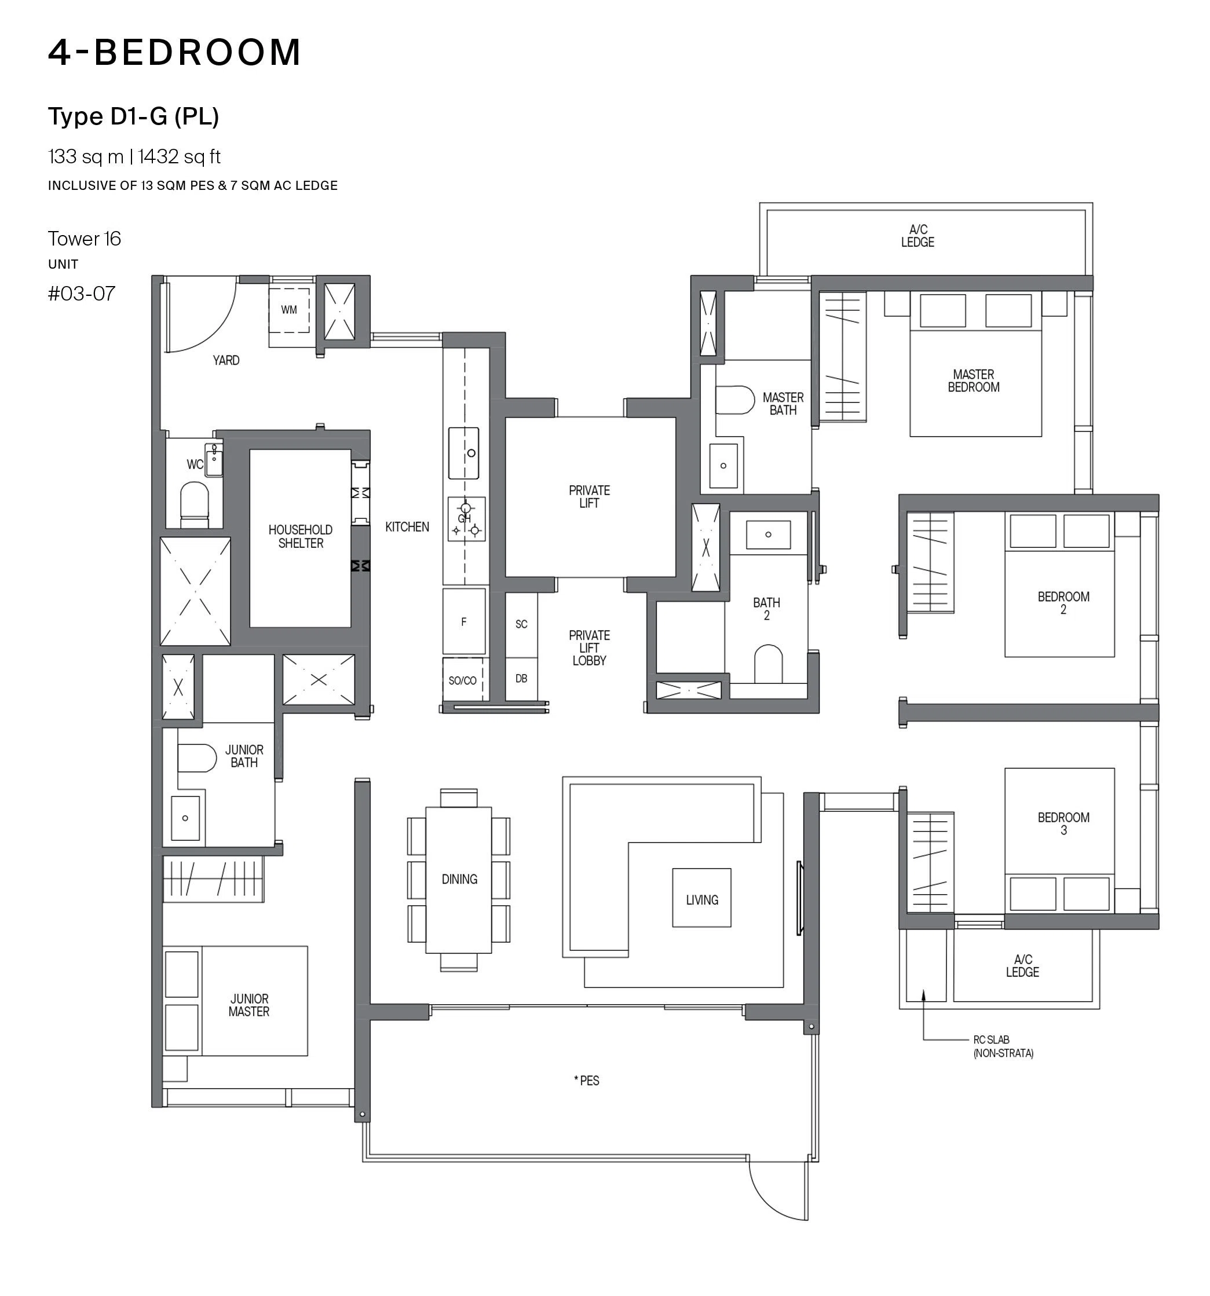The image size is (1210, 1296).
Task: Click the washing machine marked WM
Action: pos(290,310)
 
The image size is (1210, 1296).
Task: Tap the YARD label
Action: pos(226,360)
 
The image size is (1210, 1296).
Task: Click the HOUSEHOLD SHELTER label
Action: pos(301,536)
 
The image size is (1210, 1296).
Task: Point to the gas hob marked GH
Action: pos(466,519)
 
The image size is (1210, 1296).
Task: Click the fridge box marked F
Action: pos(464,622)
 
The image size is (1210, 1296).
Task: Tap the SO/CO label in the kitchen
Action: pos(462,680)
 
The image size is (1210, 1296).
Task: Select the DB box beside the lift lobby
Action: pos(521,679)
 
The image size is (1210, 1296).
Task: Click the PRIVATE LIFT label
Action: pos(589,497)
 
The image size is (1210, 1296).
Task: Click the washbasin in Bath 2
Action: pos(769,534)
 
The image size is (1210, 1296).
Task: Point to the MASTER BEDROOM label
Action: pos(973,380)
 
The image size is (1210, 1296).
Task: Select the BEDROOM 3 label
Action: pos(1063,823)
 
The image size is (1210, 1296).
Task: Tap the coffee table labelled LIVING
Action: pos(701,898)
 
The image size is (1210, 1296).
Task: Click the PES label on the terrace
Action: pos(587,1080)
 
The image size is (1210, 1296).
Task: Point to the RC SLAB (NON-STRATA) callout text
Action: pos(1003,1046)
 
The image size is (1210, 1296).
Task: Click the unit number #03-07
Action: pos(82,294)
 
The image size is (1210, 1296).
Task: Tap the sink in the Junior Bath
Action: pos(185,818)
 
